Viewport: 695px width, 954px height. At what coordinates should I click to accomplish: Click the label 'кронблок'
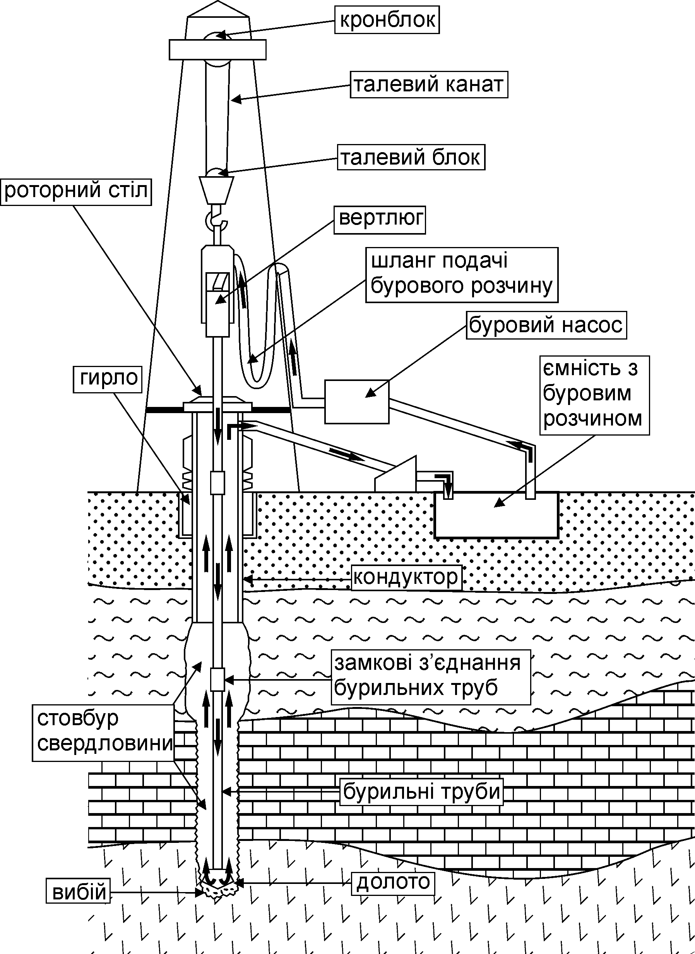(387, 20)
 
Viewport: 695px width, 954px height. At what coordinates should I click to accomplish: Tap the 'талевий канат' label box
(429, 84)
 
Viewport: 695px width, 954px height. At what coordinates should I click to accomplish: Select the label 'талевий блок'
(411, 158)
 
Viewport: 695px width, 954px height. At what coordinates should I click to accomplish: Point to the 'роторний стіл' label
(76, 192)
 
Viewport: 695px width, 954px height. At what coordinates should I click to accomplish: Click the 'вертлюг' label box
(380, 220)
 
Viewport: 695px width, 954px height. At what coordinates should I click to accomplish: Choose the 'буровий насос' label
(546, 325)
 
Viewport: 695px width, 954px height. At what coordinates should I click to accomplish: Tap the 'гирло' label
(108, 379)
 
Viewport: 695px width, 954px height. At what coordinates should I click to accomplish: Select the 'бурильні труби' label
(421, 792)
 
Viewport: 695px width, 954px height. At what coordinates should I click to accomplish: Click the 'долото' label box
(393, 882)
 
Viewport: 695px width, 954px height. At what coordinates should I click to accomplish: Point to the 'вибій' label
(78, 890)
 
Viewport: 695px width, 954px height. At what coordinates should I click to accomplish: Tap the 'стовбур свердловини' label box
(103, 733)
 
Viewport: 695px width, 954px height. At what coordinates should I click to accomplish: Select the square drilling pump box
(357, 402)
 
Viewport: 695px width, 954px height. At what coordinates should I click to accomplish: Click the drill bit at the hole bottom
(218, 886)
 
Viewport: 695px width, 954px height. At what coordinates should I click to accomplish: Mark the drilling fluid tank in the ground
(496, 515)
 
